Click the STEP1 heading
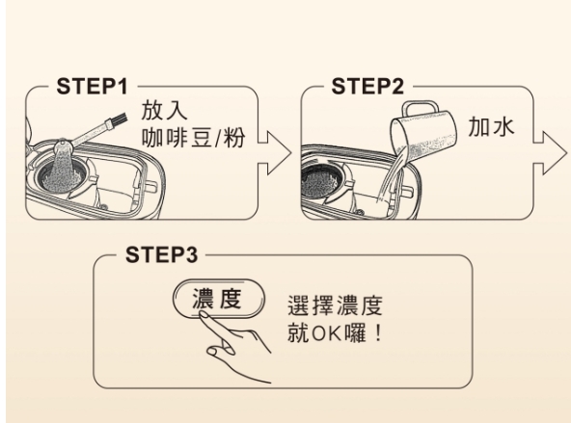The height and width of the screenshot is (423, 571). pyautogui.click(x=93, y=86)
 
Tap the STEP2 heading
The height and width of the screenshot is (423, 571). pyautogui.click(x=367, y=86)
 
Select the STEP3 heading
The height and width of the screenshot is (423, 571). pyautogui.click(x=161, y=254)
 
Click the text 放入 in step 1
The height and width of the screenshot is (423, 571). pyautogui.click(x=164, y=110)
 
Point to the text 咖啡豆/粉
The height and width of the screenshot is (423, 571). pyautogui.click(x=193, y=138)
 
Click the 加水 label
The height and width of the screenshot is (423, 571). pyautogui.click(x=491, y=126)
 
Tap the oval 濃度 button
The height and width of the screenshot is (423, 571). pyautogui.click(x=219, y=299)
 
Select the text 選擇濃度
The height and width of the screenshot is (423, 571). pyautogui.click(x=335, y=305)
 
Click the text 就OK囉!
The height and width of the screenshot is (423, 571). pyautogui.click(x=335, y=332)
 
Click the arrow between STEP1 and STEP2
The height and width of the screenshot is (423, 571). pyautogui.click(x=275, y=153)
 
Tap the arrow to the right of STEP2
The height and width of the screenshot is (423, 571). pyautogui.click(x=550, y=153)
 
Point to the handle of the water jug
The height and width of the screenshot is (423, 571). pyautogui.click(x=420, y=108)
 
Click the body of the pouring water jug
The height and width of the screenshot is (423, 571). pyautogui.click(x=424, y=135)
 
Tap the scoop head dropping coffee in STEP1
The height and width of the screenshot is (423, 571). pyautogui.click(x=64, y=146)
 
